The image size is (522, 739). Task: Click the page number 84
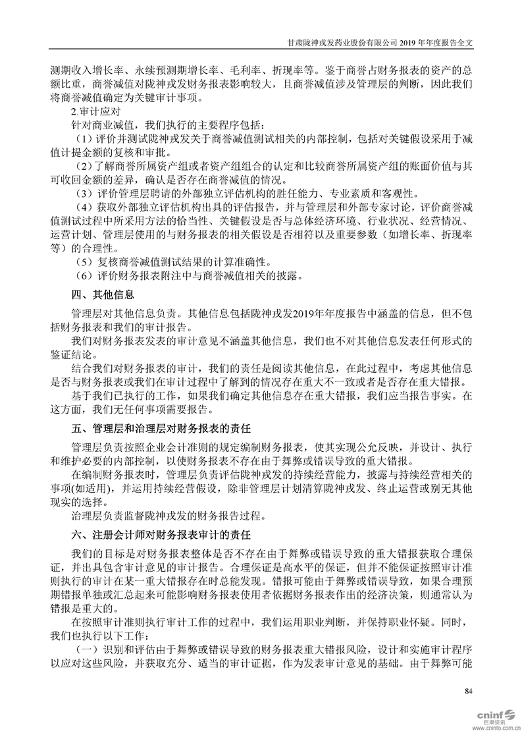(469, 691)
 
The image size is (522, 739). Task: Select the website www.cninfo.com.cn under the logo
(496, 729)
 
